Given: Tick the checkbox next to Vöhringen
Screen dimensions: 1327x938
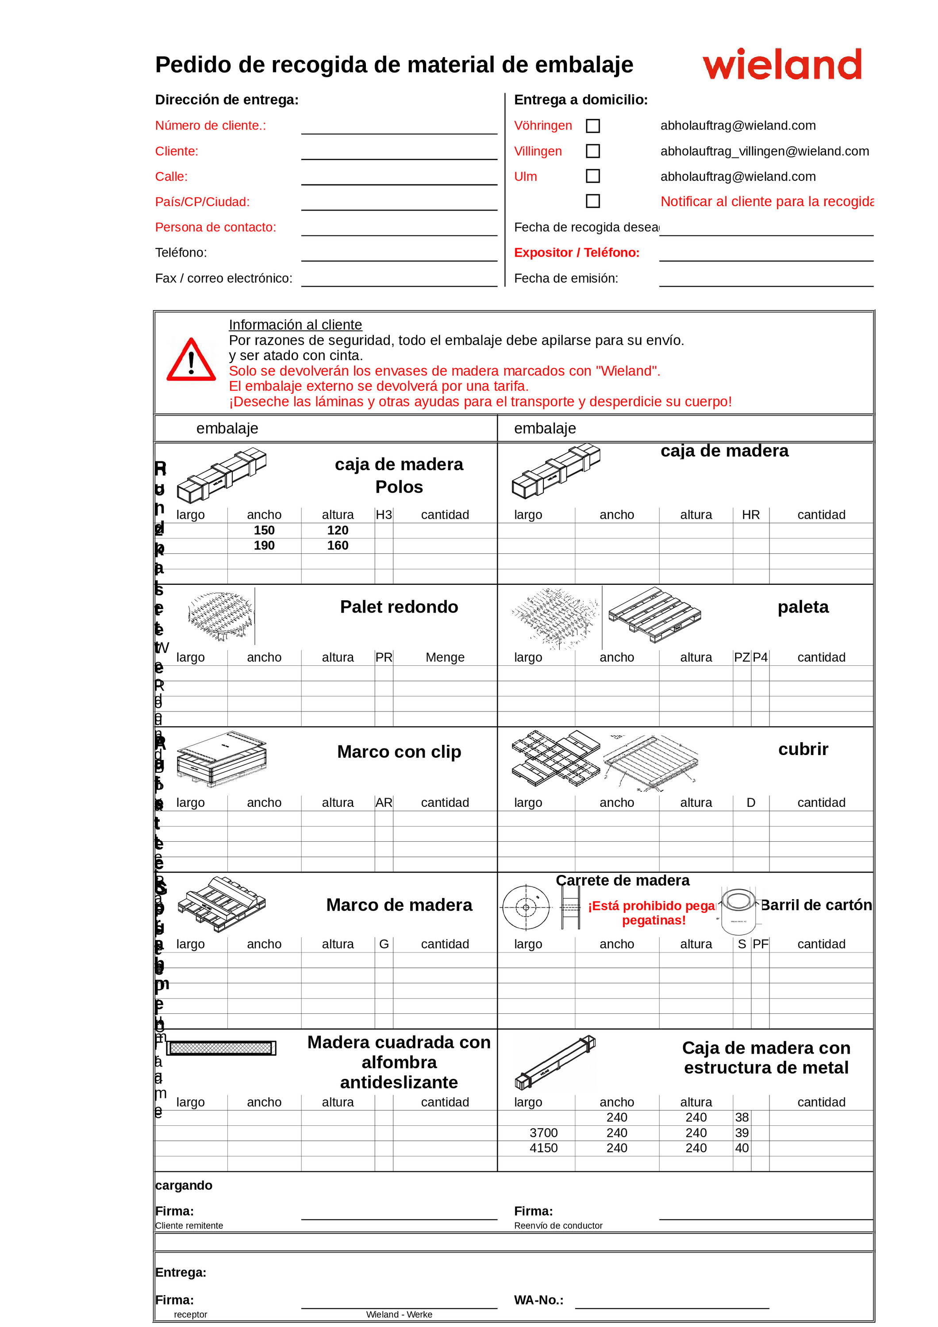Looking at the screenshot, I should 592,126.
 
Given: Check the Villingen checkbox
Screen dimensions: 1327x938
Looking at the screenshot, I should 592,151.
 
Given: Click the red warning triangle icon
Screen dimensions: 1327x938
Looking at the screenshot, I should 191,361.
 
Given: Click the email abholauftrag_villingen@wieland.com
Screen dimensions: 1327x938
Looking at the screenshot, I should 764,151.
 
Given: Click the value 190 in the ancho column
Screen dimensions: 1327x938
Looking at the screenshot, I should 264,545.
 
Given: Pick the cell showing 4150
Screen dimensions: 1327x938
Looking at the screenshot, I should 543,1148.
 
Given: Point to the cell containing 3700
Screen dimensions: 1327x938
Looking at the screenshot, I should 543,1133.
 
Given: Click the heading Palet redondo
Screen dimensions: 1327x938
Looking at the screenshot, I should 399,607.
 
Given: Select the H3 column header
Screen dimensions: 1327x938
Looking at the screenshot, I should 384,515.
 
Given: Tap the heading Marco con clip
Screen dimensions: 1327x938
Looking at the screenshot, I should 399,752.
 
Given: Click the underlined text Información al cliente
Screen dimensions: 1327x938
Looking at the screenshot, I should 295,325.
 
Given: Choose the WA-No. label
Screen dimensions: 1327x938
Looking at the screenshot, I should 538,1300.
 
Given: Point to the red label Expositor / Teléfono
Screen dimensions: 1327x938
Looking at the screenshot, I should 577,253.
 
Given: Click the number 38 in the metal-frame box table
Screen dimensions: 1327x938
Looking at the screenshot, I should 742,1118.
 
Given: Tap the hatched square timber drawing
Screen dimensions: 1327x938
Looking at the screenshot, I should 221,1048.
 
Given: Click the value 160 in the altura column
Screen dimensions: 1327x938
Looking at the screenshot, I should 338,545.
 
